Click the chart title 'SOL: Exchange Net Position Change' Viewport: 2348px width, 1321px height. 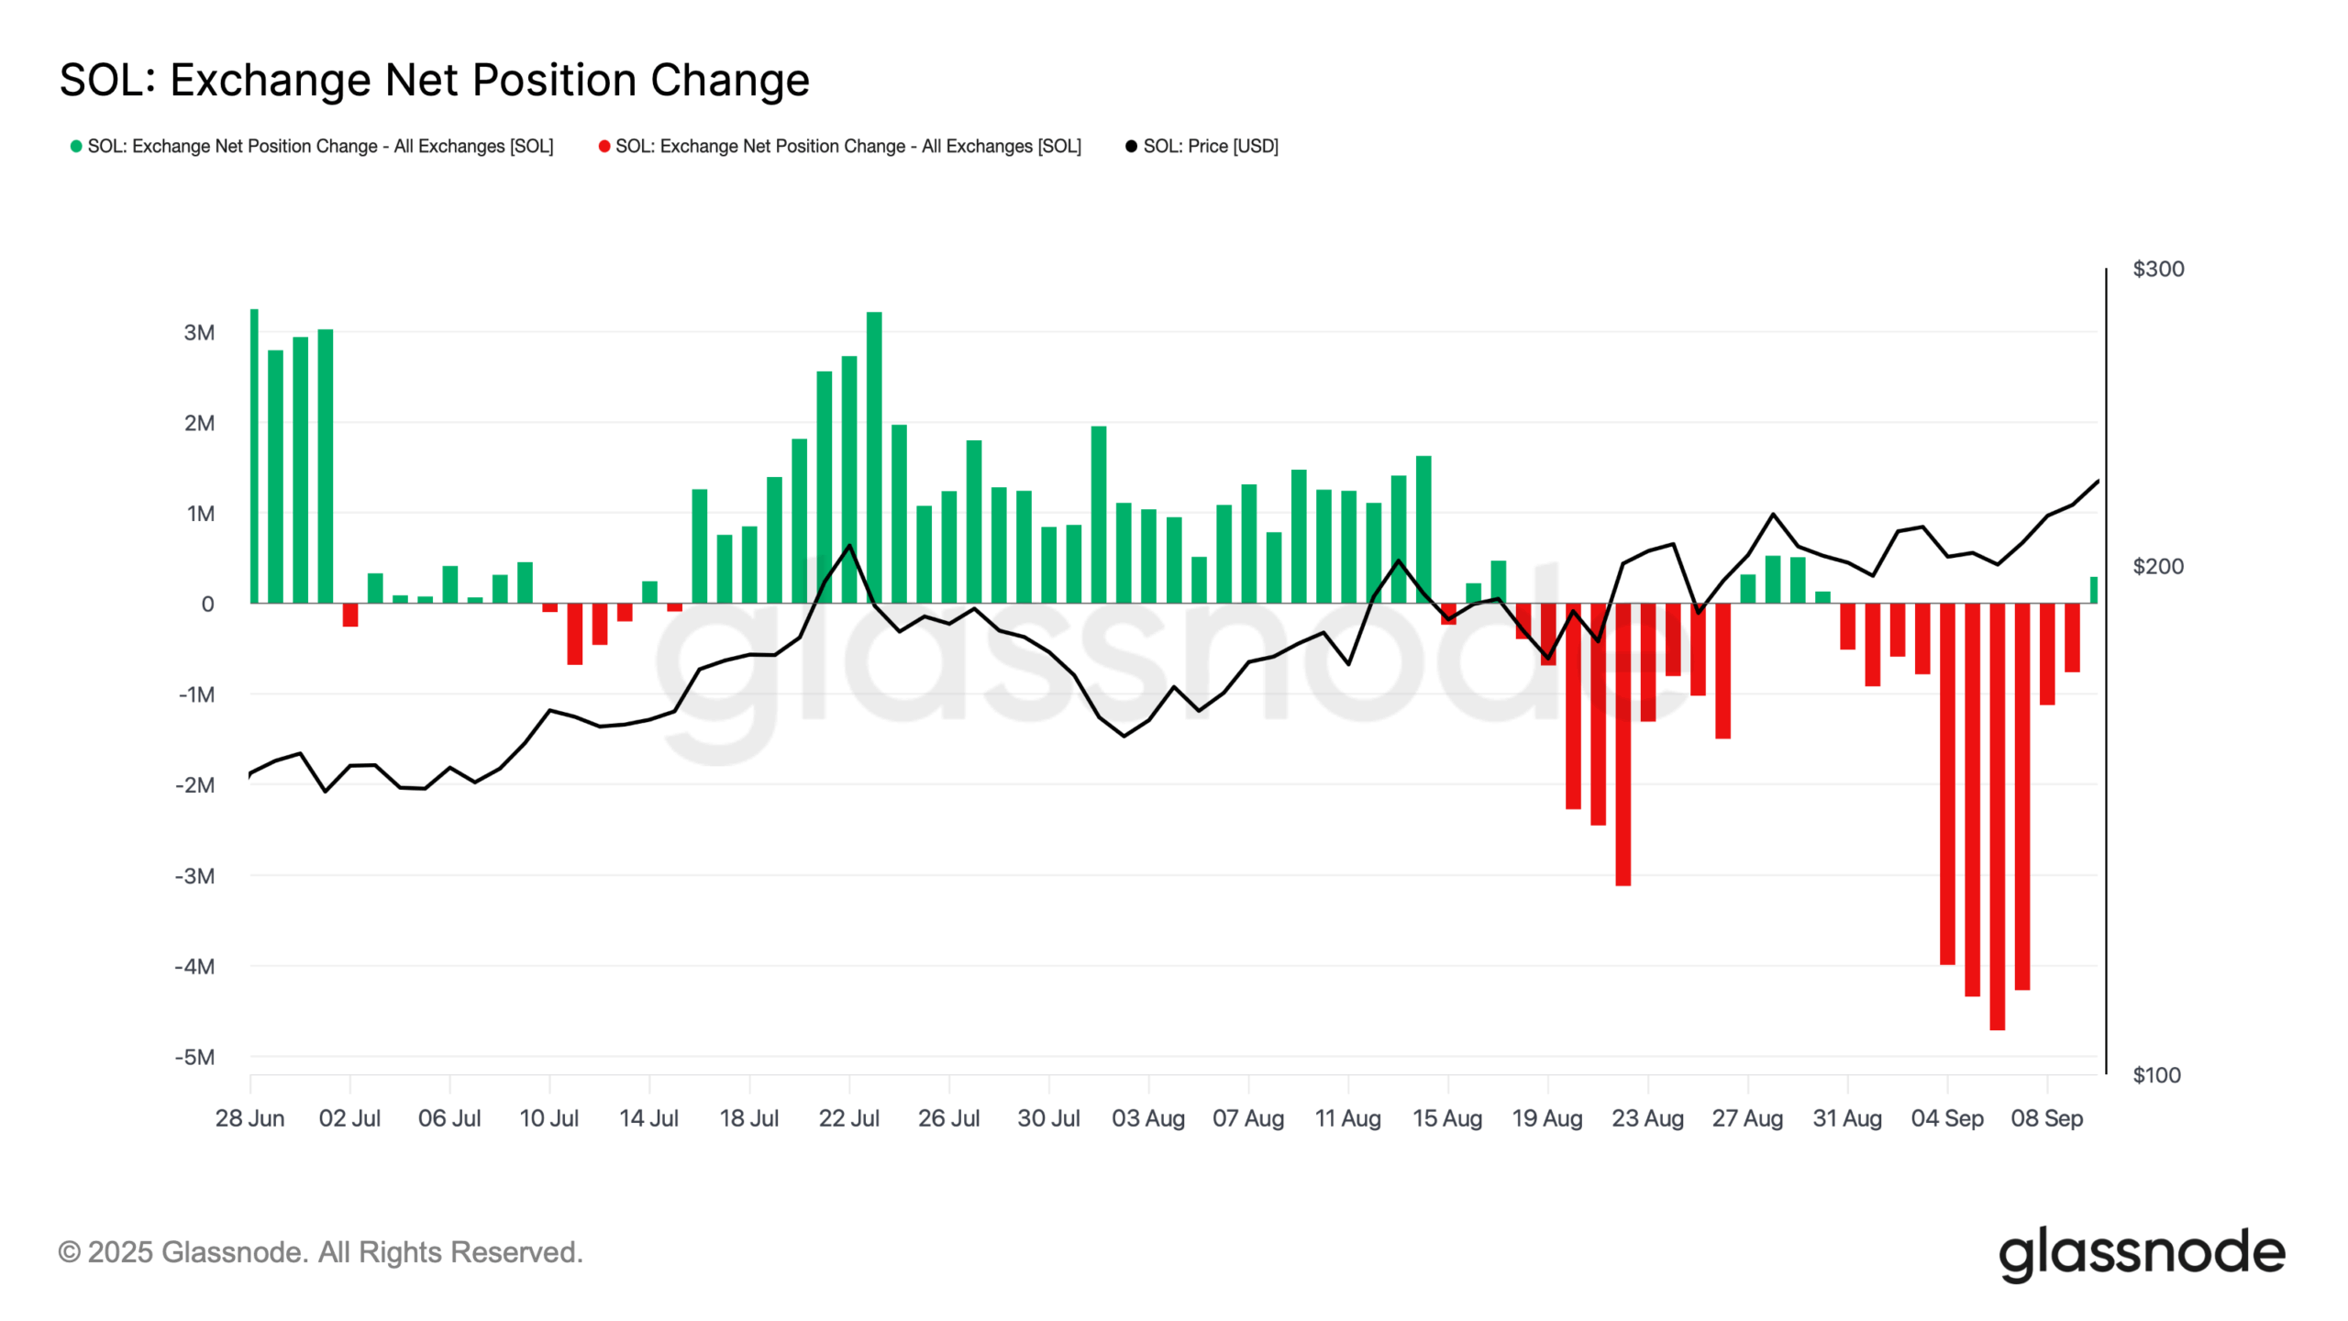(434, 80)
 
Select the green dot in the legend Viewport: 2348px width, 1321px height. (76, 146)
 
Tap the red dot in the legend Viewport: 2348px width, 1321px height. (604, 146)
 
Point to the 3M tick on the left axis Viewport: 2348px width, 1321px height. (199, 332)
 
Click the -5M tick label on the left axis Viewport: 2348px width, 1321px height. (194, 1057)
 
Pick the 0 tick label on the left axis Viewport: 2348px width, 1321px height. (207, 604)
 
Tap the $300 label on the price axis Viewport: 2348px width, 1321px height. (2158, 269)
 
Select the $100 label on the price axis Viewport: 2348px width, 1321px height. (2156, 1075)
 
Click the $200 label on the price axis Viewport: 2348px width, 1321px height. (2158, 566)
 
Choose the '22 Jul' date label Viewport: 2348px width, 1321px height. (848, 1118)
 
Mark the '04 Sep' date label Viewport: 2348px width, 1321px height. (1946, 1118)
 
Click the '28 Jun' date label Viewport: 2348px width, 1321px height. (249, 1118)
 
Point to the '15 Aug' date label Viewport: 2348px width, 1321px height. (1447, 1118)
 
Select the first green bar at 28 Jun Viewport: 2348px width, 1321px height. (254, 459)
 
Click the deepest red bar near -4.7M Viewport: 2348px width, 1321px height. (1997, 816)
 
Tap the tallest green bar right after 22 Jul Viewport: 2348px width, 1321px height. (874, 459)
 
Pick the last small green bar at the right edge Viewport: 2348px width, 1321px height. (2093, 590)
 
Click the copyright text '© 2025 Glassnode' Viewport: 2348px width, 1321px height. (320, 1252)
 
